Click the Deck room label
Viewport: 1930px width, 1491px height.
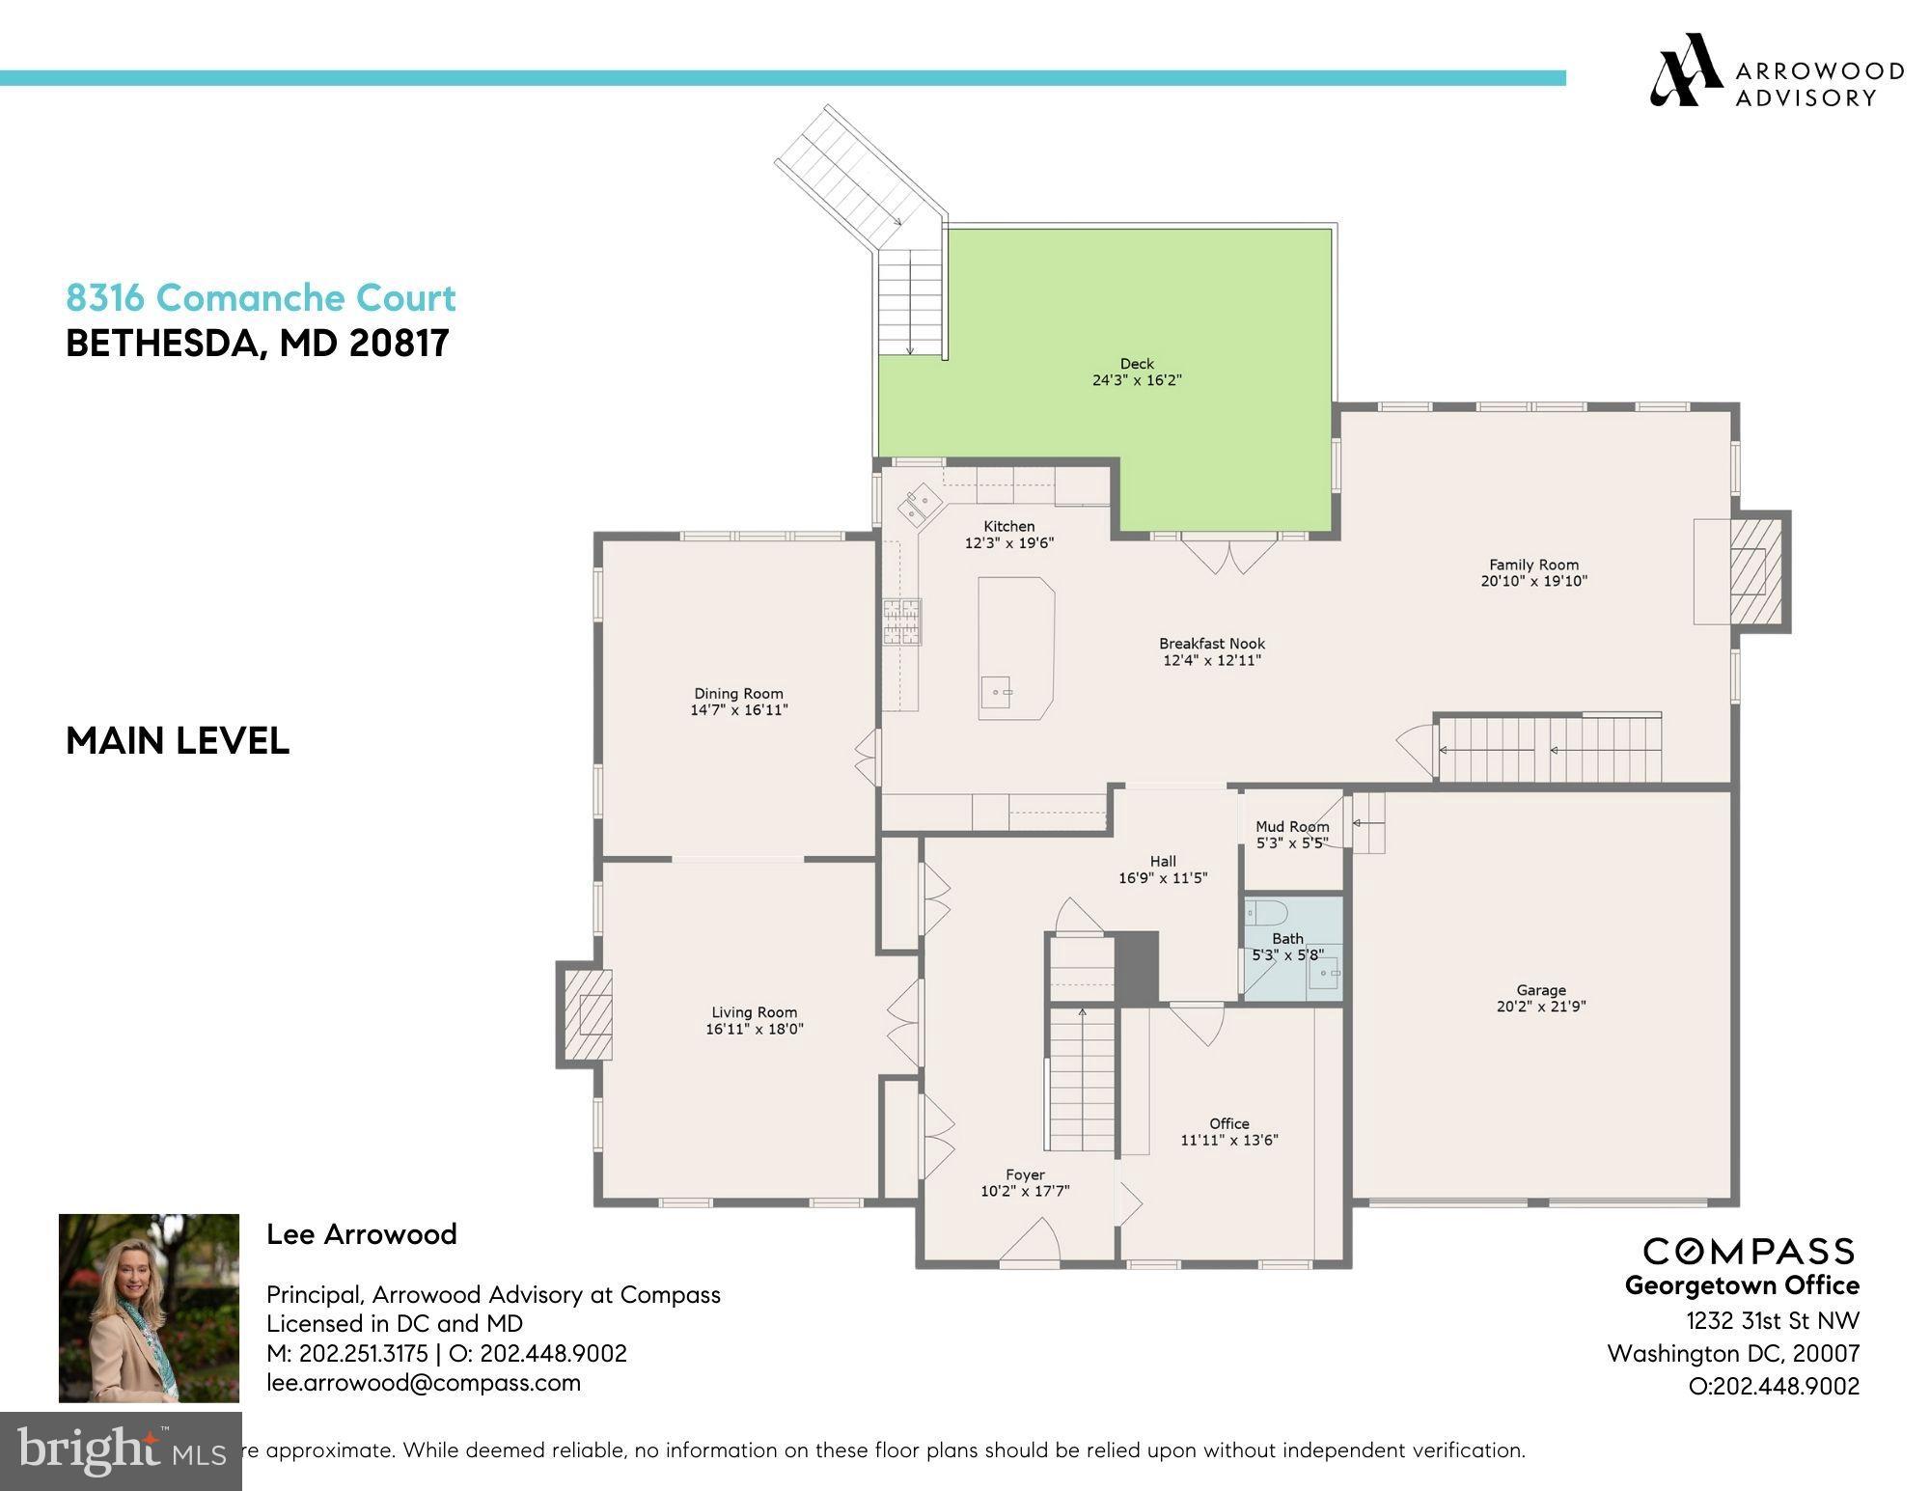1137,364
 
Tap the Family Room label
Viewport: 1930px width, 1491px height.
1533,565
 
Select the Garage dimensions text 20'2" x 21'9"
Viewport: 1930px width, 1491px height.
1540,1007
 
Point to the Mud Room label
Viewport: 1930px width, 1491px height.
1292,826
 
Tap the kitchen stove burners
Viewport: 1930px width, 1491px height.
901,621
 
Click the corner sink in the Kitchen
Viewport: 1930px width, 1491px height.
919,506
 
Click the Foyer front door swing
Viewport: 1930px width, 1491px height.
1030,1241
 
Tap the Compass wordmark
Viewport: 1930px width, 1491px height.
1749,1252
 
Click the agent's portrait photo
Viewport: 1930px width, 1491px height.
149,1308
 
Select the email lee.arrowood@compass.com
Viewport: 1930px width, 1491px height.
424,1382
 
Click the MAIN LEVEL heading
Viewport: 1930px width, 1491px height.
178,741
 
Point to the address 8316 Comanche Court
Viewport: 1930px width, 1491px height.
261,297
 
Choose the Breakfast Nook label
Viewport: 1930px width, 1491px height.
1212,644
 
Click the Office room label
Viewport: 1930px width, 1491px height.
1228,1123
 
